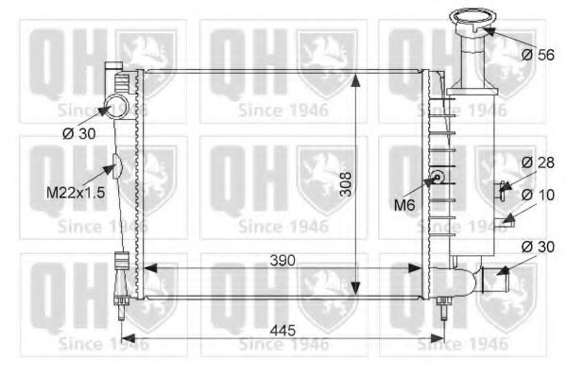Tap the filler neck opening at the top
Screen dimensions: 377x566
coord(472,16)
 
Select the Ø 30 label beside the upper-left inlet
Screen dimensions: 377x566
coord(79,133)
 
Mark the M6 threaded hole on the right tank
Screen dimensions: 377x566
coord(437,177)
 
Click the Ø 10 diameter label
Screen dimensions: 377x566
coord(537,194)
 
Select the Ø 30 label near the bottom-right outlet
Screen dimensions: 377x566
coord(537,247)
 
